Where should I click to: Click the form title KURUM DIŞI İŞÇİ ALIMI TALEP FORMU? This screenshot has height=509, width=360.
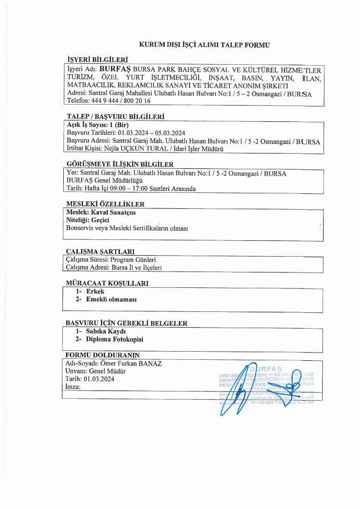point(204,45)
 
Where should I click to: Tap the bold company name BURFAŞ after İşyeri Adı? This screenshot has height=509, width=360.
point(115,69)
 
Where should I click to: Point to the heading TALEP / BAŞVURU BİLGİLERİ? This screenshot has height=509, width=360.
point(115,117)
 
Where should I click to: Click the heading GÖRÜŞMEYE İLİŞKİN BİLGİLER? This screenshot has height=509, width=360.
point(119,164)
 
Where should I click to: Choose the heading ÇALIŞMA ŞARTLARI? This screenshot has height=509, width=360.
point(100,251)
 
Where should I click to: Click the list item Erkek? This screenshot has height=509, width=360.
point(95,291)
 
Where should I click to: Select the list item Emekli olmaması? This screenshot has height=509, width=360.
point(111,299)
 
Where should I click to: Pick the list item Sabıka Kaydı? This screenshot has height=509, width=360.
point(106,331)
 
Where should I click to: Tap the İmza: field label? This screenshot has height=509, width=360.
point(72,387)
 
